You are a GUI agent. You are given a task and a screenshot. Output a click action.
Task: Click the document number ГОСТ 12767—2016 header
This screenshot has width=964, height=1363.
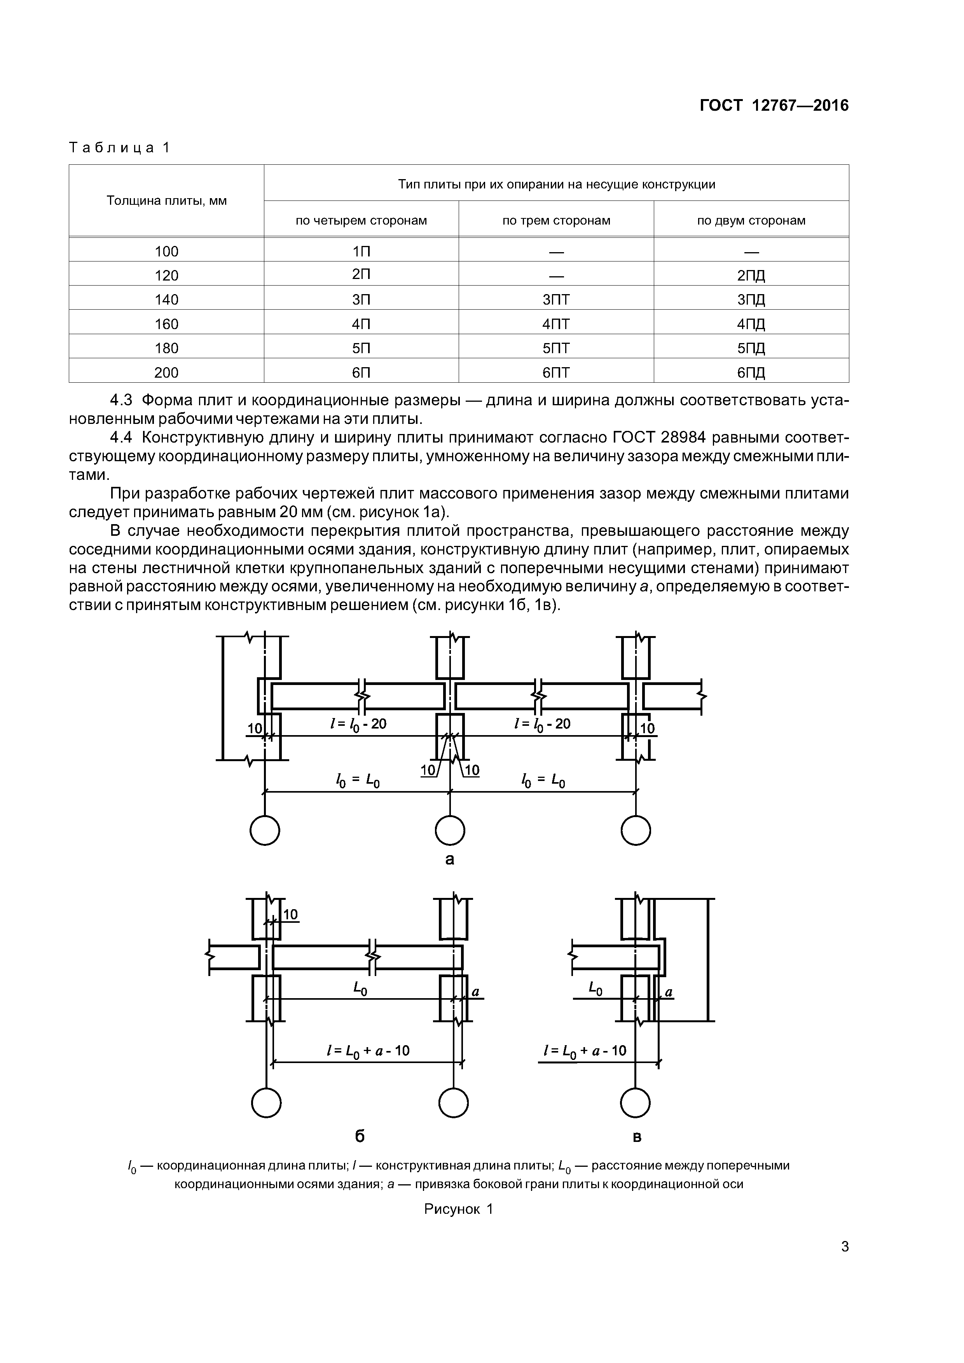(774, 106)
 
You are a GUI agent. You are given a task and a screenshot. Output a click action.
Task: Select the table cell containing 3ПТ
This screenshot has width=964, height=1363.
(556, 300)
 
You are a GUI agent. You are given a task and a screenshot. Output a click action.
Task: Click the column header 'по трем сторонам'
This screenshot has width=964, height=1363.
(556, 221)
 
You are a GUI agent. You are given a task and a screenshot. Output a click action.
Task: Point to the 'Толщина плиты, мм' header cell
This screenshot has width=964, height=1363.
(166, 200)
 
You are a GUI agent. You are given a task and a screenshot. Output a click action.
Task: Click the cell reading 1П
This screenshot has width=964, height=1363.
(361, 251)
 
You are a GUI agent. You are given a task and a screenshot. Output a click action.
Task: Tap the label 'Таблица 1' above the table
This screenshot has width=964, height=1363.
(119, 147)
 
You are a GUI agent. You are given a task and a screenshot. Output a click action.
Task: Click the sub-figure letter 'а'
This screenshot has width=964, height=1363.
(450, 859)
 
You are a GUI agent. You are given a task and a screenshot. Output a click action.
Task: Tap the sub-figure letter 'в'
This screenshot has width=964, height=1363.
(637, 1137)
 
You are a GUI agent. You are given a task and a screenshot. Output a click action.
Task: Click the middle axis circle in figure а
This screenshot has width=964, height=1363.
(450, 830)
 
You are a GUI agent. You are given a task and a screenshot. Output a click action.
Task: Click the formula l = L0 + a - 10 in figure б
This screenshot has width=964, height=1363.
(368, 1051)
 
